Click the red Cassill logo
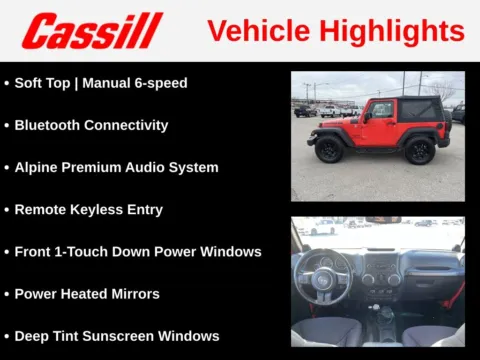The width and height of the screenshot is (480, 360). (x=92, y=31)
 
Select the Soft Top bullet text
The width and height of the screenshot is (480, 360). (x=47, y=83)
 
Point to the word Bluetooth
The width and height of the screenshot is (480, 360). (x=47, y=125)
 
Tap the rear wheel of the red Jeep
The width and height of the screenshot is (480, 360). (x=420, y=150)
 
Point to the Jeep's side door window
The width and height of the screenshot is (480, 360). (x=381, y=110)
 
